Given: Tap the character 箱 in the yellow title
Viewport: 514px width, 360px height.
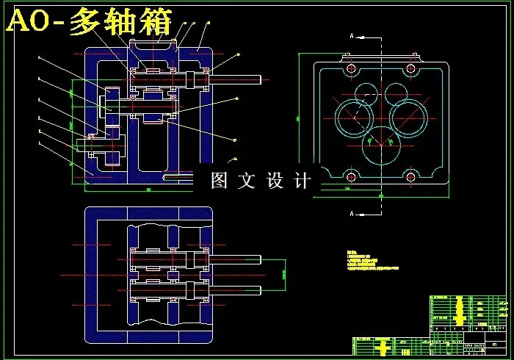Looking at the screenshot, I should click(x=154, y=23).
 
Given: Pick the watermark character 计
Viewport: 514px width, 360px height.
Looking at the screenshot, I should click(x=301, y=180).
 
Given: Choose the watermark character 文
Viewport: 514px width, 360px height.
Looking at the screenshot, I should click(x=247, y=180).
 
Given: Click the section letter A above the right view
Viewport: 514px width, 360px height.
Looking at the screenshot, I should click(x=352, y=35).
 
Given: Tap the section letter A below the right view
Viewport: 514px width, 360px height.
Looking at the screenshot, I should click(x=352, y=214).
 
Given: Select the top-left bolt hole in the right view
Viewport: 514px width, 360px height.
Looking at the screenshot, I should click(x=350, y=68).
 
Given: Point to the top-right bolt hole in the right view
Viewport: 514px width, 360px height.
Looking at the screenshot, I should click(x=413, y=68).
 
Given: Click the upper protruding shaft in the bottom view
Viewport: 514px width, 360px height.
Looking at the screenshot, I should click(x=235, y=259).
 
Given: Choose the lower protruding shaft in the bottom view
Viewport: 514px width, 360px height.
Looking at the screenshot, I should click(x=235, y=287).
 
